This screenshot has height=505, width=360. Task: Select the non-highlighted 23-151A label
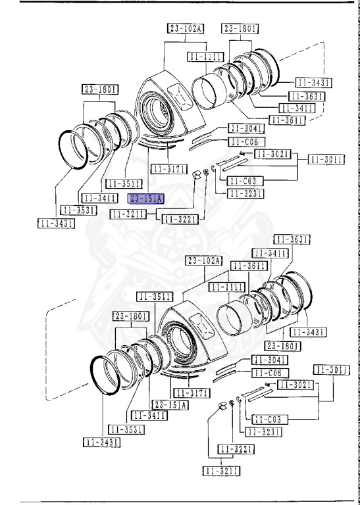coord(170,405)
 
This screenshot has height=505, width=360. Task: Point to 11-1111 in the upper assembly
coord(206,57)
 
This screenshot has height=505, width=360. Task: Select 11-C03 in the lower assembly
coord(263,418)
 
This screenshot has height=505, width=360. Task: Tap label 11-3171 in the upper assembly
coord(168,169)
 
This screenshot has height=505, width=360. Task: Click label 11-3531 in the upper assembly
coord(78,210)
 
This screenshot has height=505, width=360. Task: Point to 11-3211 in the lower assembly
coord(221,471)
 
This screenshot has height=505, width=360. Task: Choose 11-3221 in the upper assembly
coord(180,219)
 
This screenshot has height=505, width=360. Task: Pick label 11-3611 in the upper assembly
coord(288,120)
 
